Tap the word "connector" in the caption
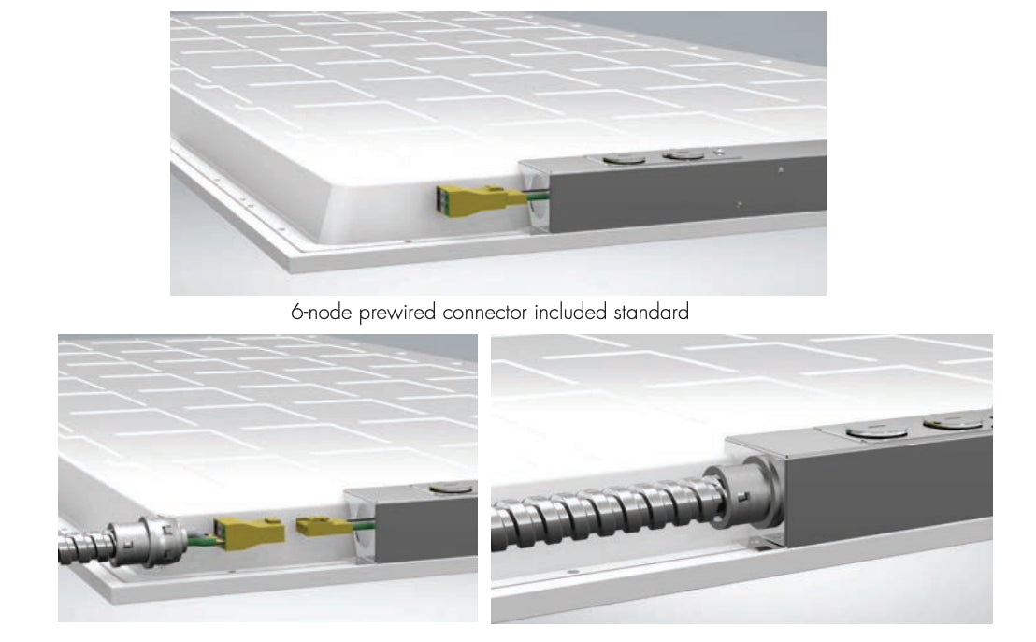[x=485, y=312]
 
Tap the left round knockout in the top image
[x=625, y=159]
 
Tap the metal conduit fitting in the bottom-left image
[x=143, y=539]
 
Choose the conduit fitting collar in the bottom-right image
[x=744, y=492]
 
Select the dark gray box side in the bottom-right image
[x=888, y=492]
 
